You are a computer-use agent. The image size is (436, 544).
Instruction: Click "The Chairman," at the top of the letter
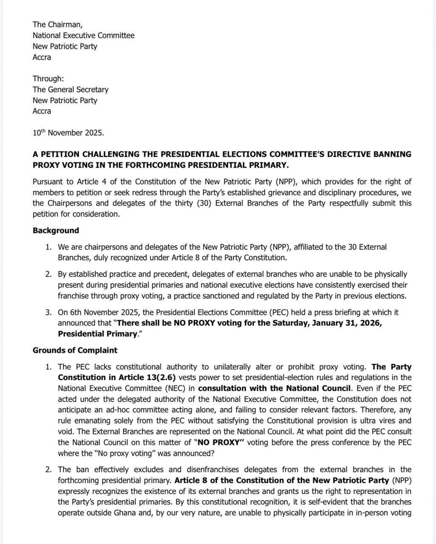(x=54, y=25)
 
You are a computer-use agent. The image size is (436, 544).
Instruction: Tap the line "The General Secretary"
(x=71, y=90)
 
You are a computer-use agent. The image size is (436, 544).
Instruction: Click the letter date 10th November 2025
(x=68, y=133)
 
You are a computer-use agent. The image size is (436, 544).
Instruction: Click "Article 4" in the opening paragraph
(x=90, y=182)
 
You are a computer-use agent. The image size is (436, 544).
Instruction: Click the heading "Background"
(x=56, y=231)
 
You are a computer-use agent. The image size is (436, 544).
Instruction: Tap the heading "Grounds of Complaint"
(x=75, y=351)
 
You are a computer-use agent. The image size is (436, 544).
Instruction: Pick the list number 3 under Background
(x=48, y=312)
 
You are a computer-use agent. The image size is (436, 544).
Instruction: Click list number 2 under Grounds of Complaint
(x=48, y=470)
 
